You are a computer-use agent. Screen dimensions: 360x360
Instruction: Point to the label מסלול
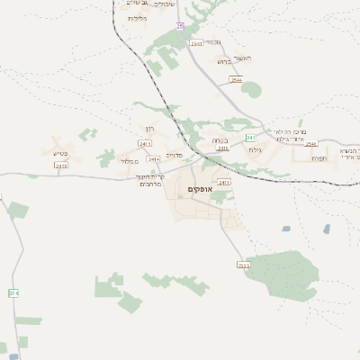[128, 161]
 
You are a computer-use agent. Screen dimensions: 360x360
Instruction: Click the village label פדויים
[175, 155]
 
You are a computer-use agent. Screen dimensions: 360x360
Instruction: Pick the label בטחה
[220, 139]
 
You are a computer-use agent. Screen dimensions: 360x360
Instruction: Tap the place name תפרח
[319, 158]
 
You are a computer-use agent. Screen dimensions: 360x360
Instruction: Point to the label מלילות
[137, 18]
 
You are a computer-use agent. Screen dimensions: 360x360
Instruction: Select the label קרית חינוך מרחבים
[148, 181]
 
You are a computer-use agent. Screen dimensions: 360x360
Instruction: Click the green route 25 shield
[180, 26]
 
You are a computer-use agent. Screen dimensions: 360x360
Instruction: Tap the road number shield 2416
[222, 148]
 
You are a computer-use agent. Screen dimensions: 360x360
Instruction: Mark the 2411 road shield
[223, 183]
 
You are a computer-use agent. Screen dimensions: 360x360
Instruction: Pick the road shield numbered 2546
[311, 144]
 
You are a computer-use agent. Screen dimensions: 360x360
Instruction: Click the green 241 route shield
[243, 265]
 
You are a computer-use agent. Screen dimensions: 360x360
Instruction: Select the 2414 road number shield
[153, 159]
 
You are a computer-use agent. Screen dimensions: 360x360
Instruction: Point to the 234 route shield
[13, 293]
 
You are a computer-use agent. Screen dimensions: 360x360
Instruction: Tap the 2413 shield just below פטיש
[61, 166]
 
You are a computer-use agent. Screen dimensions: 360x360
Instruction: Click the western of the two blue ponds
[286, 229]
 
